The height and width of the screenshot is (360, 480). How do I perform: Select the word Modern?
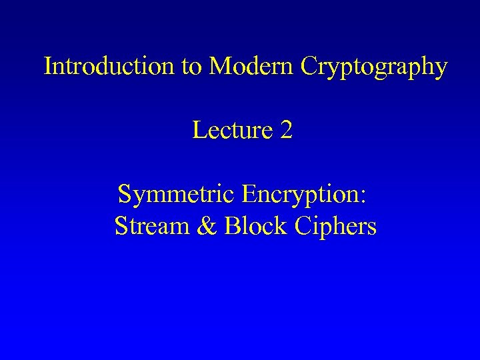[x=250, y=66]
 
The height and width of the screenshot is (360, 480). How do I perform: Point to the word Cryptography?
[x=374, y=67]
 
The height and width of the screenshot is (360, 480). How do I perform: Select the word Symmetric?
[x=177, y=195]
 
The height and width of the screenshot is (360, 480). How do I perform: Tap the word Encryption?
[x=303, y=195]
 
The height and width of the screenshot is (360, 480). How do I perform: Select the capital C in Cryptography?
[x=310, y=66]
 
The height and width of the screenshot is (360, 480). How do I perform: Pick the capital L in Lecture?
[x=199, y=130]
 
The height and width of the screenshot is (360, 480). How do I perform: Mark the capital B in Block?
[x=232, y=226]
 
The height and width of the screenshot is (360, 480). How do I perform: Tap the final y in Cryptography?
[x=440, y=69]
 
